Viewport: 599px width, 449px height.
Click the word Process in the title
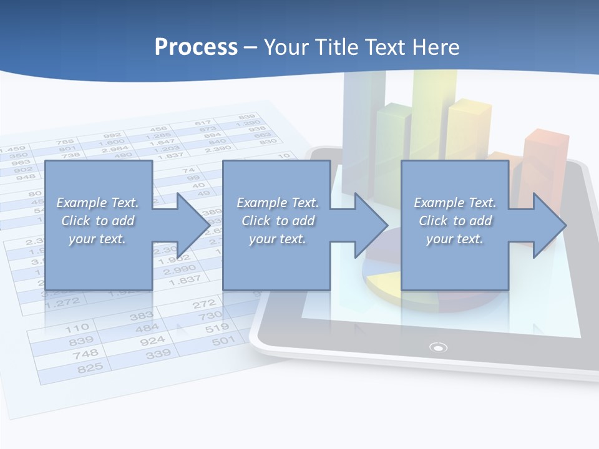pyautogui.click(x=196, y=47)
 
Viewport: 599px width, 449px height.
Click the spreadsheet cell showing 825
pyautogui.click(x=90, y=369)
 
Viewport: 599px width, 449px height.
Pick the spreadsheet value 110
pyautogui.click(x=77, y=327)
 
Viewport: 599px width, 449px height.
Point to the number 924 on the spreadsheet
pyautogui.click(x=152, y=340)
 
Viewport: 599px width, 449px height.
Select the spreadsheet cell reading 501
pyautogui.click(x=223, y=340)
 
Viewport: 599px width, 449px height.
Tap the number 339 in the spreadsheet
pyautogui.click(x=158, y=354)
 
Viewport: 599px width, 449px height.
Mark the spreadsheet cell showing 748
pyautogui.click(x=85, y=354)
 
